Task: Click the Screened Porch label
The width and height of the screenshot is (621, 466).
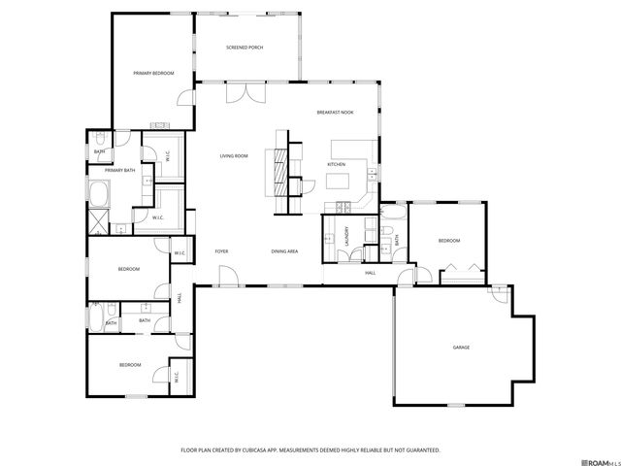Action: (245, 48)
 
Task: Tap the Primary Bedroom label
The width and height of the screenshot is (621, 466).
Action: (153, 74)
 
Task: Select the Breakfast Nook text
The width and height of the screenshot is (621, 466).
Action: (335, 113)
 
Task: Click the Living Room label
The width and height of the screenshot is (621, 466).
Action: (234, 156)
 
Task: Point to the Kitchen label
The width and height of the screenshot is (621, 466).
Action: (337, 164)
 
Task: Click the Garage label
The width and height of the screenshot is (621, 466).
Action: (461, 347)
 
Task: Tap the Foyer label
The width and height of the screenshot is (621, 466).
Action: (221, 251)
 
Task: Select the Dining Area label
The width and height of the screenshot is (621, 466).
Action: (284, 251)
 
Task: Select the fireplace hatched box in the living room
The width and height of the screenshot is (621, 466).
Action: (280, 170)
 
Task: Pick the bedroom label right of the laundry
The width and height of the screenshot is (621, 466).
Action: (448, 241)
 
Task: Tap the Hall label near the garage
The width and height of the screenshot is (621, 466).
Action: (370, 274)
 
